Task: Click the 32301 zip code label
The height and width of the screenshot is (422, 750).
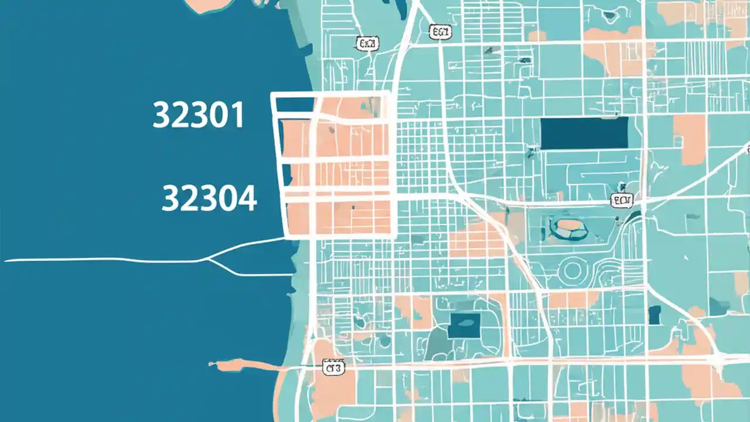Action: [198, 115]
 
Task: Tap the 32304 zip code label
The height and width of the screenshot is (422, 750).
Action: [209, 198]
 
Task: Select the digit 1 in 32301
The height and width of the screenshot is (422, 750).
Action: [237, 115]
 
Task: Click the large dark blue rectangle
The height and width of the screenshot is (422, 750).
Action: [584, 133]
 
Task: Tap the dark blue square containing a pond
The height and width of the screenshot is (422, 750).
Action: [464, 325]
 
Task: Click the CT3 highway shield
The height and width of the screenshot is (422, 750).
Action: [334, 368]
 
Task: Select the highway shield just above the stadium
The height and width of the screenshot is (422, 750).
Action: [622, 201]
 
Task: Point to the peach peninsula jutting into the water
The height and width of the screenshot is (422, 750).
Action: [234, 366]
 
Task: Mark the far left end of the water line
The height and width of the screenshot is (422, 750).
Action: [6, 260]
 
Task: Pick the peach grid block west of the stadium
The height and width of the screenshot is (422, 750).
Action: [476, 240]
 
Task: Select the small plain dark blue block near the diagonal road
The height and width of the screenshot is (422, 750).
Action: [654, 315]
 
